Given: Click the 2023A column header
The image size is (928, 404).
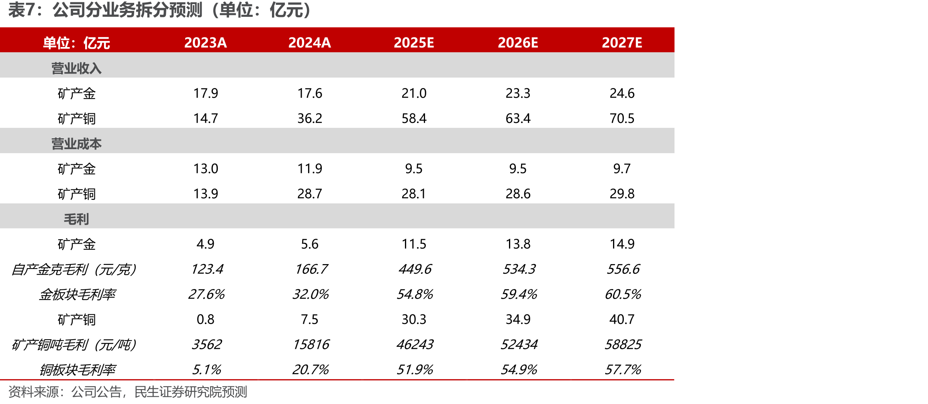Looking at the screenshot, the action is (x=205, y=43).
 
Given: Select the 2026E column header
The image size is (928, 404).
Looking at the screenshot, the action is (x=518, y=43).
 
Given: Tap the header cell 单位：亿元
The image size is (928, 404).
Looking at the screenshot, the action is (x=76, y=43).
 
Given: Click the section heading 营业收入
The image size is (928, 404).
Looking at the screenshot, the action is (x=76, y=68).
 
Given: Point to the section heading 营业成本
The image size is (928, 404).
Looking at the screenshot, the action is (x=76, y=144).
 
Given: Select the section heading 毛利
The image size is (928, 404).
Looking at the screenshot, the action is (x=76, y=219).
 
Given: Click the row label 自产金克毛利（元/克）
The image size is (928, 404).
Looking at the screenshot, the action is (x=74, y=269).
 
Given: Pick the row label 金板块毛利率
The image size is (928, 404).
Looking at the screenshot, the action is (x=77, y=294).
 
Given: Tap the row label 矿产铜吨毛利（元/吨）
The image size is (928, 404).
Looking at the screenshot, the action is (x=74, y=345).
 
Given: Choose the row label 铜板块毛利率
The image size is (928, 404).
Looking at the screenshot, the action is (x=77, y=369).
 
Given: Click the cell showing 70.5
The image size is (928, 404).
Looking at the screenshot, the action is (x=622, y=118).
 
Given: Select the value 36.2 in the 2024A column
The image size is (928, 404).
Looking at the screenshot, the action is (x=310, y=118).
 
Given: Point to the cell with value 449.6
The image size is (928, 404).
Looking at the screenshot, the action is (x=415, y=269).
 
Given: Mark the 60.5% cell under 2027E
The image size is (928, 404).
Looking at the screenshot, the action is (x=623, y=294).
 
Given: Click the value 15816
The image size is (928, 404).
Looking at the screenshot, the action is (x=311, y=345).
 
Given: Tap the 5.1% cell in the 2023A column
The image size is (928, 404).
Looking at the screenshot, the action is (x=206, y=369).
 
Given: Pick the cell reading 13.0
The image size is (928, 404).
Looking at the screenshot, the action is (x=206, y=168).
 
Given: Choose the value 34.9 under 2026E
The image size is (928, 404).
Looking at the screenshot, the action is (x=518, y=319).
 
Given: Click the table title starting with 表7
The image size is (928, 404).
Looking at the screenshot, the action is (x=160, y=10).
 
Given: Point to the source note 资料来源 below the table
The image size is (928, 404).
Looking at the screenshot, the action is (x=128, y=392).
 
